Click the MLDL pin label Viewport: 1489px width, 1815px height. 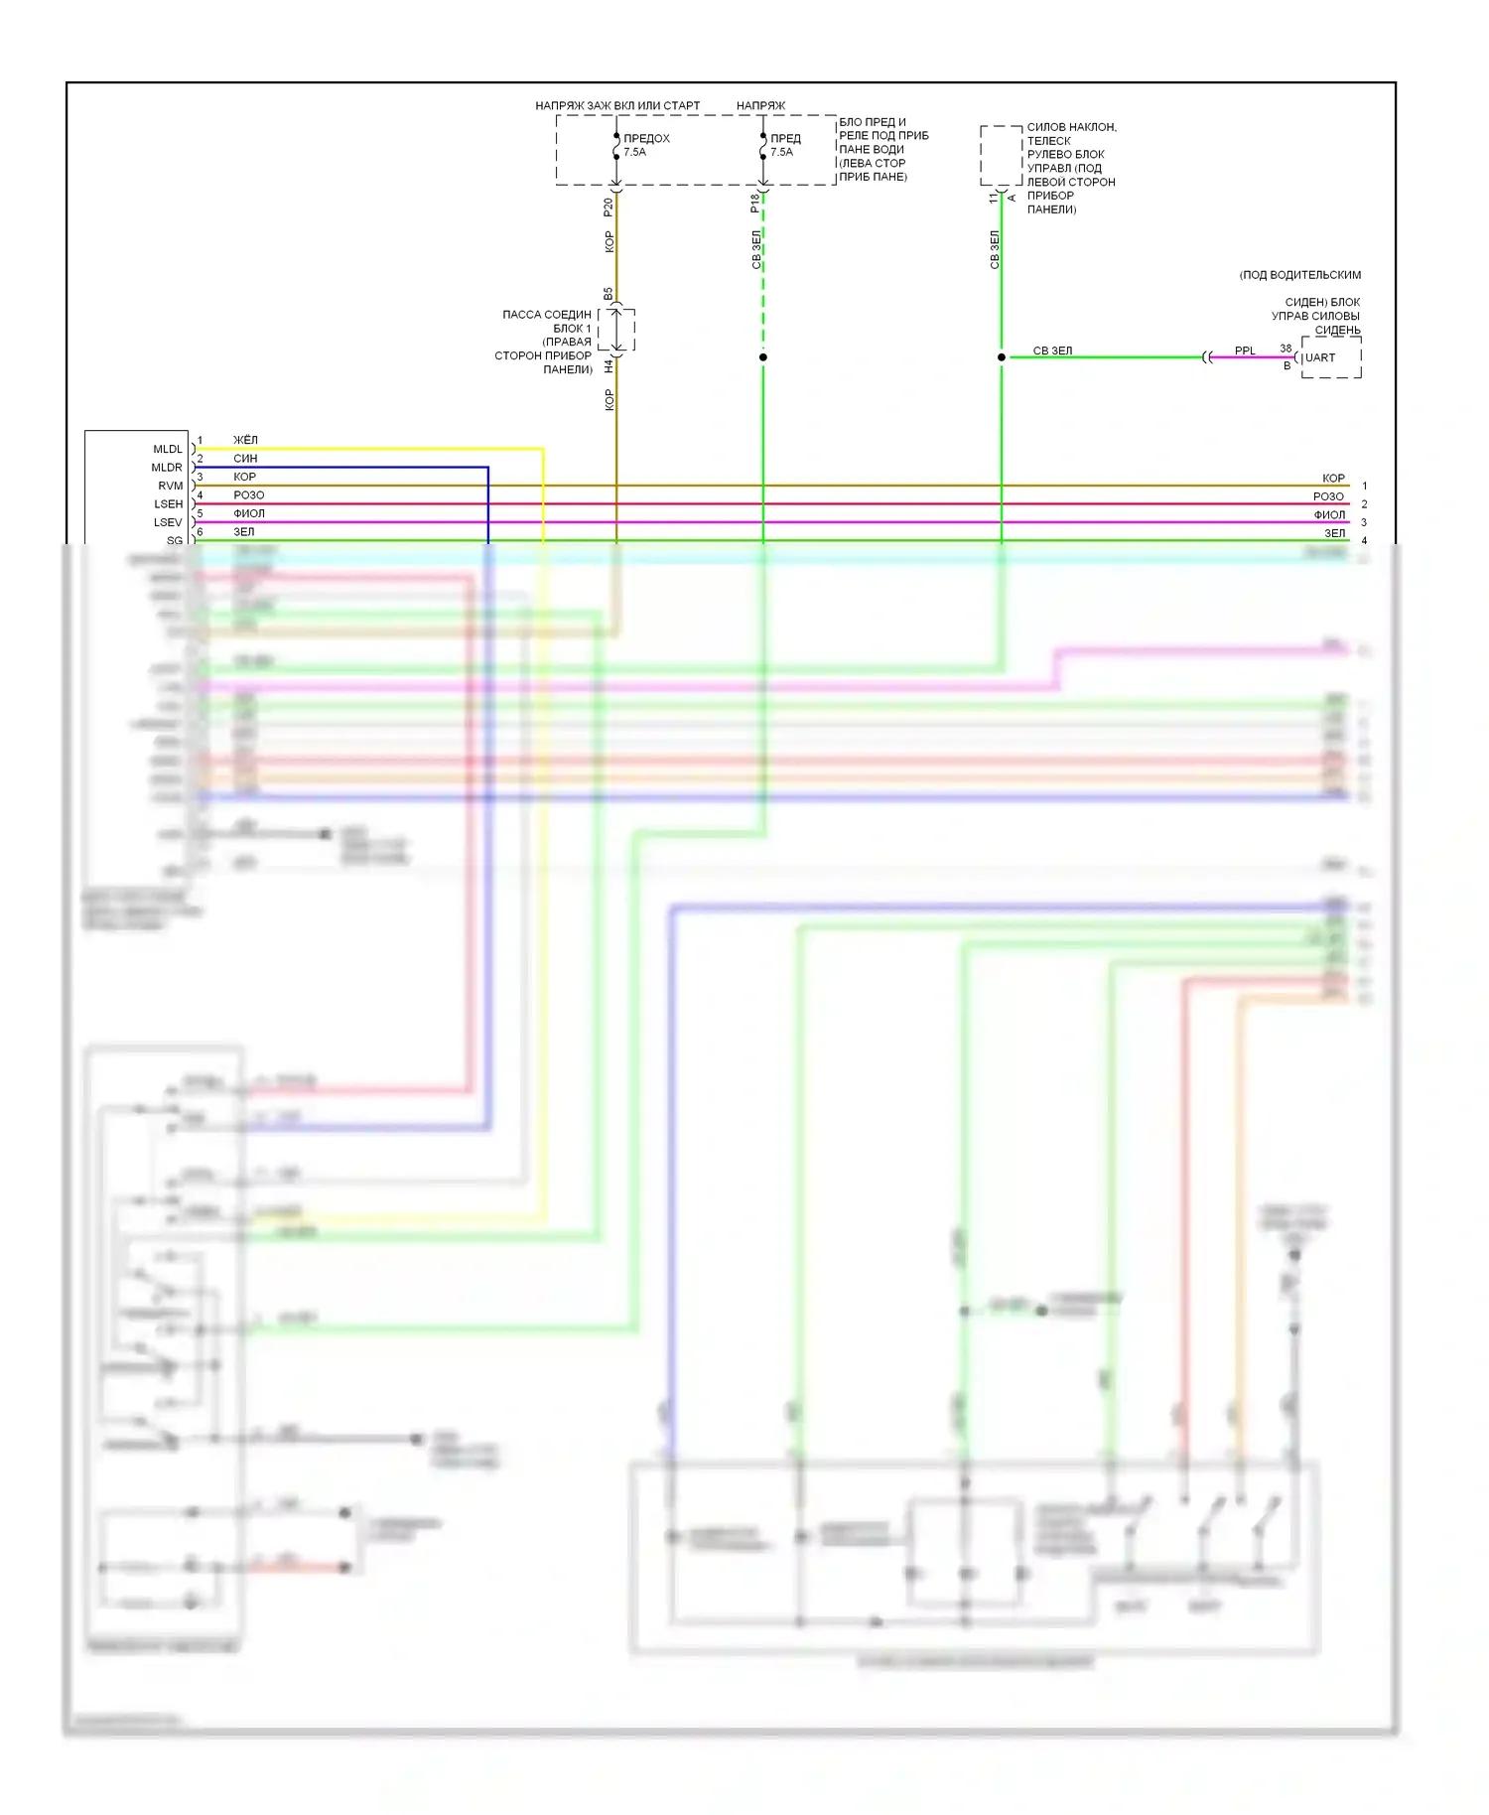pyautogui.click(x=168, y=449)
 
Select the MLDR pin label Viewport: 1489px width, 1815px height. pyautogui.click(x=167, y=468)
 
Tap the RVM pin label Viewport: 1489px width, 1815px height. pyautogui.click(x=171, y=486)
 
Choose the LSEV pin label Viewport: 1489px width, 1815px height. pyautogui.click(x=168, y=522)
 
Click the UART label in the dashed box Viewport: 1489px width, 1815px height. pyautogui.click(x=1320, y=357)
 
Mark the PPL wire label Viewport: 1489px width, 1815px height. pyautogui.click(x=1245, y=350)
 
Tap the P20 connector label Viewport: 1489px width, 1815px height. pyautogui.click(x=609, y=208)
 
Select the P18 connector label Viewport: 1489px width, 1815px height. pyautogui.click(x=755, y=204)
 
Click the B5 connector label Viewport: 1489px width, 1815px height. pyautogui.click(x=609, y=294)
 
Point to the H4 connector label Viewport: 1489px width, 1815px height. pyautogui.click(x=609, y=366)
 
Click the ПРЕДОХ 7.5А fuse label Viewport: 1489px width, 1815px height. pyautogui.click(x=645, y=145)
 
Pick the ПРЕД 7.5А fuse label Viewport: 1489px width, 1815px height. pyautogui.click(x=784, y=145)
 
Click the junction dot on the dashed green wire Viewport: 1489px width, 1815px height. pyautogui.click(x=762, y=357)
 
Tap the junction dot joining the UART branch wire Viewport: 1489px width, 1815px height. pyautogui.click(x=1001, y=357)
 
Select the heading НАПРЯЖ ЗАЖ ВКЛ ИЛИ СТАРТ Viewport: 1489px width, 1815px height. pyautogui.click(x=617, y=105)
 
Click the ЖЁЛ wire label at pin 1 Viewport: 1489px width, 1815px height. pyautogui.click(x=245, y=440)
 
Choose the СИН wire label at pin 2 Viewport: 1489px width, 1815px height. pyautogui.click(x=245, y=459)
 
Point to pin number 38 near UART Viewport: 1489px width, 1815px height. pyautogui.click(x=1286, y=349)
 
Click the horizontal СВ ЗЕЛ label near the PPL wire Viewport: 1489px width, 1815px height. pyautogui.click(x=1052, y=350)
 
